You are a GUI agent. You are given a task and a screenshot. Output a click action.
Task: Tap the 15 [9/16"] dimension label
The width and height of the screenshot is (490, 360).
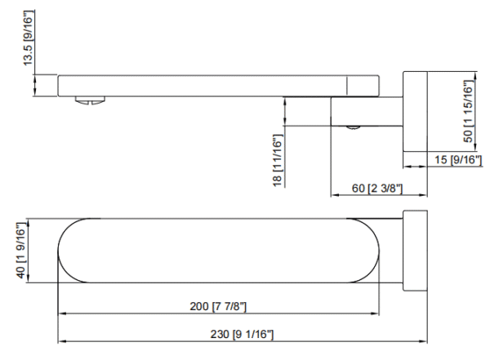click(x=457, y=161)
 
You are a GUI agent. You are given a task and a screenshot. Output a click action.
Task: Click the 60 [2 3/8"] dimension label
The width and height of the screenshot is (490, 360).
click(x=376, y=189)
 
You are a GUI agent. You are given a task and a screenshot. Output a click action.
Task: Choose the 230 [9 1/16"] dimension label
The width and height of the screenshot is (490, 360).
click(x=243, y=335)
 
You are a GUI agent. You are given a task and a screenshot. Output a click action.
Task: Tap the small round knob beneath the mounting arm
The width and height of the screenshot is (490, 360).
click(x=354, y=127)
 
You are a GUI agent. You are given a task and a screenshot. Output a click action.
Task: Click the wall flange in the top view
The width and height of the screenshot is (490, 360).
click(x=415, y=251)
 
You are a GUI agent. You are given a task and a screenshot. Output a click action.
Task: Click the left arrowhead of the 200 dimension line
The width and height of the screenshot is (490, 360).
click(x=61, y=313)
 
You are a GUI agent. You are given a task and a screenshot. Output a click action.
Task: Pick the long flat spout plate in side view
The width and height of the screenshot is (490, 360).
click(x=204, y=85)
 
